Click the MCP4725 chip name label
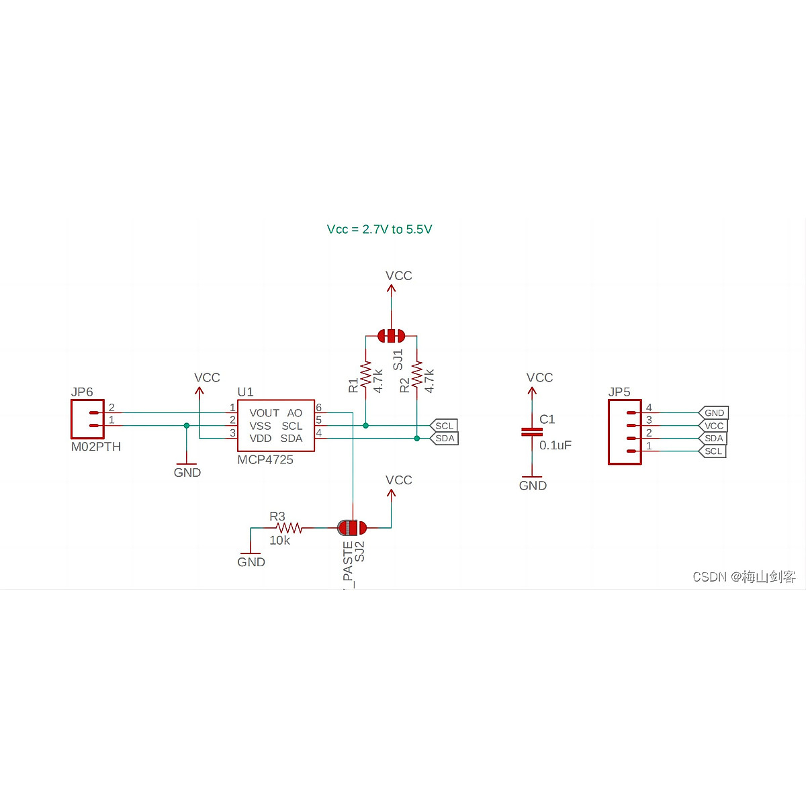[x=265, y=460]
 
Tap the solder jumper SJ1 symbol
[x=392, y=335]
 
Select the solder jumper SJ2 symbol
[x=352, y=527]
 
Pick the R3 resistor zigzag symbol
[x=289, y=529]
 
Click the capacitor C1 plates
[x=532, y=432]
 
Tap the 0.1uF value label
[x=555, y=445]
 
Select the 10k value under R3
[x=279, y=541]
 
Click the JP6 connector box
[x=87, y=419]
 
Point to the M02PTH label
[x=96, y=447]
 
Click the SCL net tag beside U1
[x=444, y=426]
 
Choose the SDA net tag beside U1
[x=444, y=439]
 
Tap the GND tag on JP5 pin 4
[x=713, y=413]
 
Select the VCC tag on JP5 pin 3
[x=713, y=426]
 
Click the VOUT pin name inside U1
[x=264, y=413]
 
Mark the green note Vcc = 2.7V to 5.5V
[x=379, y=230]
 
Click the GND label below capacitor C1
[x=533, y=486]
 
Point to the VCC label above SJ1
[x=398, y=276]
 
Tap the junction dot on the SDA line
[x=417, y=439]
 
